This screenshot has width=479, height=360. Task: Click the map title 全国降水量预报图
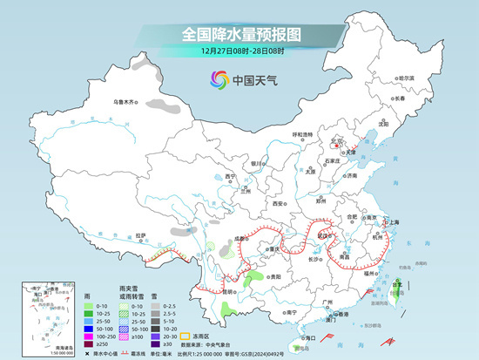tap(239, 35)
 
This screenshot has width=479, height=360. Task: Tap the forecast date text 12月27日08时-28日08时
tap(239, 52)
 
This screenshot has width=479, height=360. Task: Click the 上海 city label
tap(391, 222)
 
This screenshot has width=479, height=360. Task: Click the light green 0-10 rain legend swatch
tap(89, 307)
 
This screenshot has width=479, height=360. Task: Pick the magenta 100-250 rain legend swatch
tap(89, 335)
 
